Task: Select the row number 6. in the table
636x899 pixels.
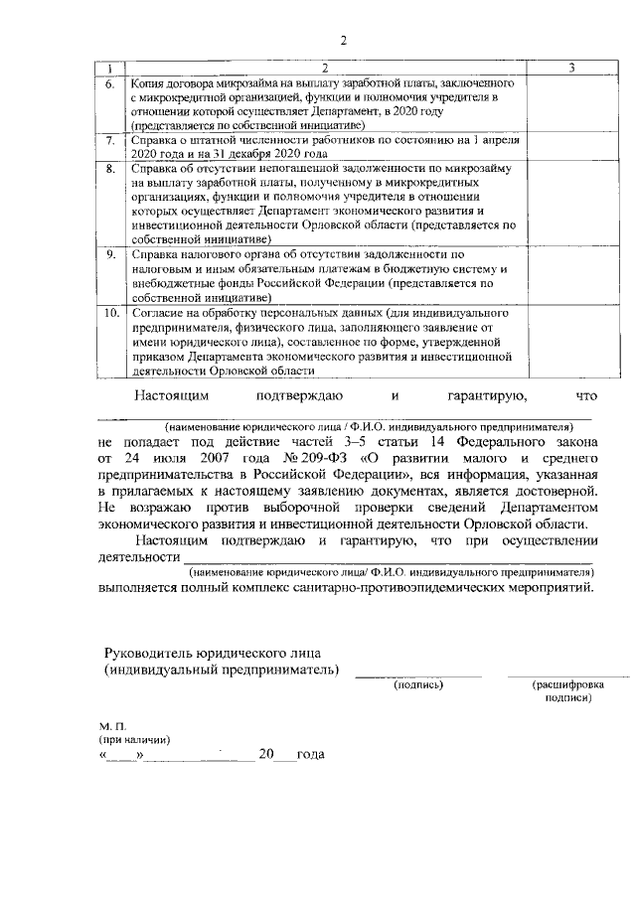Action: [x=111, y=83]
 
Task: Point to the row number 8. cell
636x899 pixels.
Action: [x=111, y=169]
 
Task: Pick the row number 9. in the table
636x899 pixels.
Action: [x=111, y=254]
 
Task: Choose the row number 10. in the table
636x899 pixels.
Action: [x=111, y=312]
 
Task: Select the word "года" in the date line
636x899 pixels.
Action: [x=310, y=755]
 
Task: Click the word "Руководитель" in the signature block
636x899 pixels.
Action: [x=153, y=652]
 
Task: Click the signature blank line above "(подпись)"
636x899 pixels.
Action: [x=418, y=675]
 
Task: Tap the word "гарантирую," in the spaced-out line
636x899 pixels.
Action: [x=486, y=397]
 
